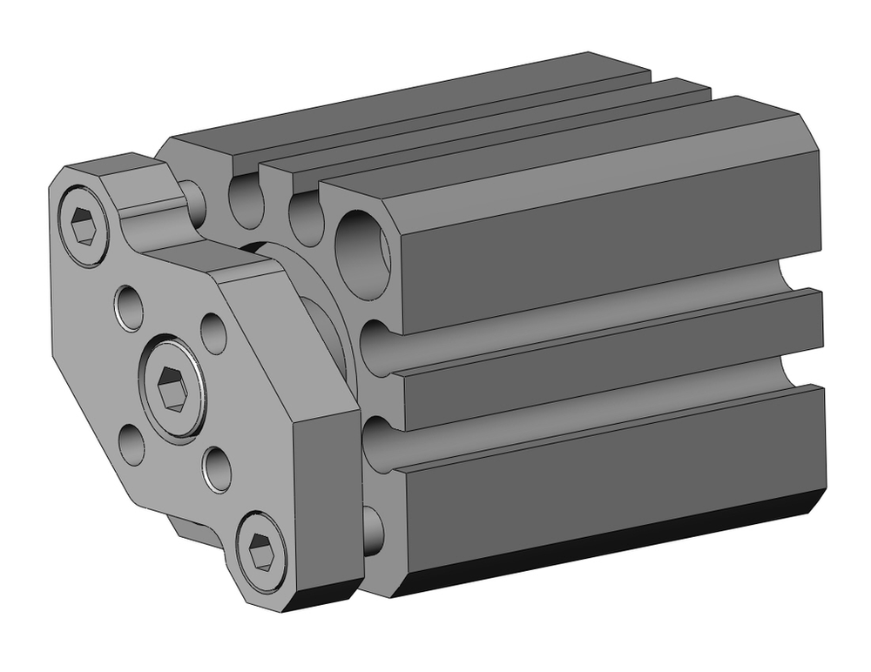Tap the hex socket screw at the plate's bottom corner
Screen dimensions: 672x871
pos(261,550)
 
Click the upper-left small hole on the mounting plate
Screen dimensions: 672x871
pos(130,306)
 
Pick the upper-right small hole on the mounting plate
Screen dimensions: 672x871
pos(213,330)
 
